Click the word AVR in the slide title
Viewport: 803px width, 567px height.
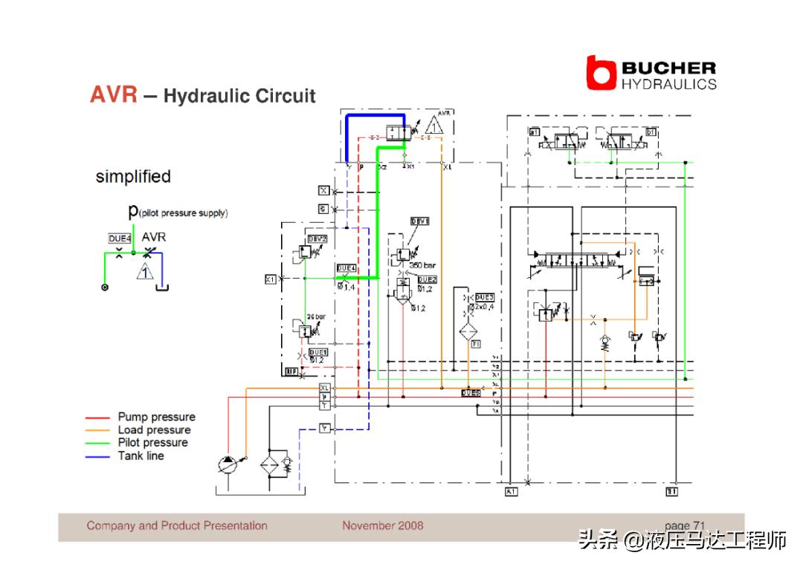(114, 95)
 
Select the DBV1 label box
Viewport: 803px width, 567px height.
(420, 221)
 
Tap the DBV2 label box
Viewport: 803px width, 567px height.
(317, 239)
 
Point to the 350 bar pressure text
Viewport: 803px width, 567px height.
(422, 265)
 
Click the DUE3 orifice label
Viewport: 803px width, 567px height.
(484, 297)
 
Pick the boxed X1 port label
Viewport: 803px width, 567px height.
(271, 279)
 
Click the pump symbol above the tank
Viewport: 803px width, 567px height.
(228, 464)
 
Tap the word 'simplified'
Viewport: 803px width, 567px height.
(133, 177)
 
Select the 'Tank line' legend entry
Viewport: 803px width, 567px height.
(141, 456)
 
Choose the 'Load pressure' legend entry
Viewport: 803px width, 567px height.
(154, 430)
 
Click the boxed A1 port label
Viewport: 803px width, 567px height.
(511, 492)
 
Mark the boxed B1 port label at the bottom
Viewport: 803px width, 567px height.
(671, 492)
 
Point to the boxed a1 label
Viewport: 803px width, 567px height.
(534, 132)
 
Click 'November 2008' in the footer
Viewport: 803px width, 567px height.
(382, 525)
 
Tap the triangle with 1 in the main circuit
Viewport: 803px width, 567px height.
(434, 124)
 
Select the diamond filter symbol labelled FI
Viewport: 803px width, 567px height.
(470, 331)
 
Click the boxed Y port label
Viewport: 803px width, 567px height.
(324, 428)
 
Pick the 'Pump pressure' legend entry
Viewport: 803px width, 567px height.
(156, 417)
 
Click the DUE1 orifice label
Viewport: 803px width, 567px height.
(318, 351)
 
